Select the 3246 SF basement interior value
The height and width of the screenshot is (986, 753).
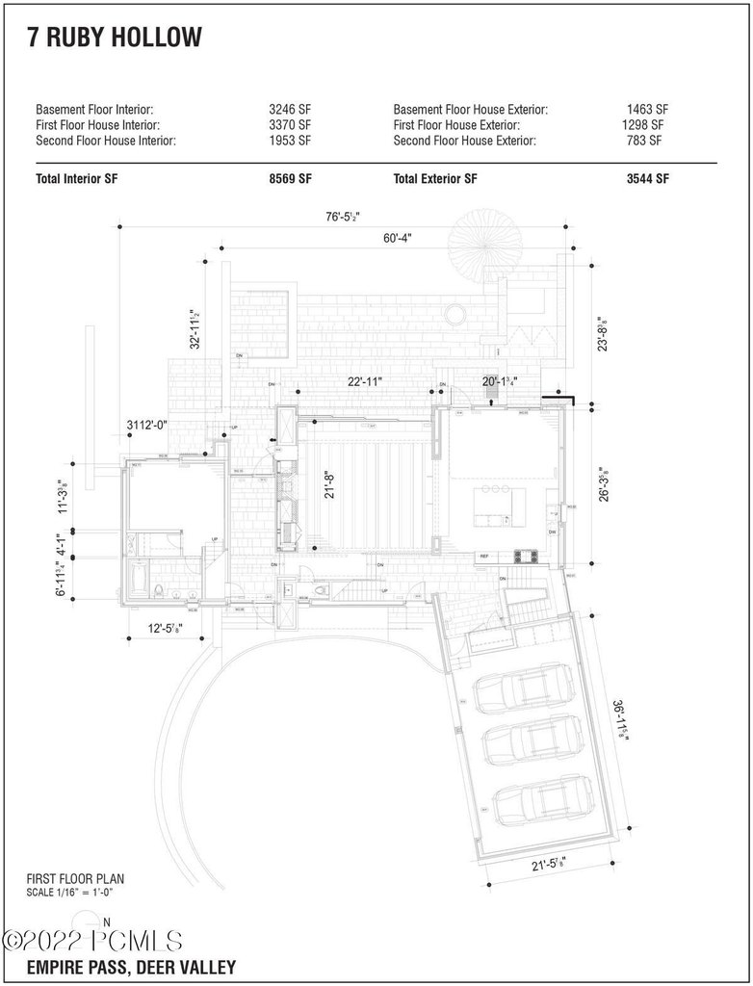pos(290,110)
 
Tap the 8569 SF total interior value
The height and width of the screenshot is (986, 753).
pos(290,178)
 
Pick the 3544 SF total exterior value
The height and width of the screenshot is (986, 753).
pos(647,178)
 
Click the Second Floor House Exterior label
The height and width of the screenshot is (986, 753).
pos(465,141)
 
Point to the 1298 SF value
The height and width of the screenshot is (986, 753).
pos(643,125)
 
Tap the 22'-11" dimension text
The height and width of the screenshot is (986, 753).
pos(365,381)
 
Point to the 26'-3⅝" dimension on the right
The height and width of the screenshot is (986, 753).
pos(602,481)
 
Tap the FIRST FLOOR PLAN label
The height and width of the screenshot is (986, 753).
pos(76,878)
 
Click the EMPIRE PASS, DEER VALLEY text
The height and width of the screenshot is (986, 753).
pos(131,967)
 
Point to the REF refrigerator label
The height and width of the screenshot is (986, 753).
pos(483,557)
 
